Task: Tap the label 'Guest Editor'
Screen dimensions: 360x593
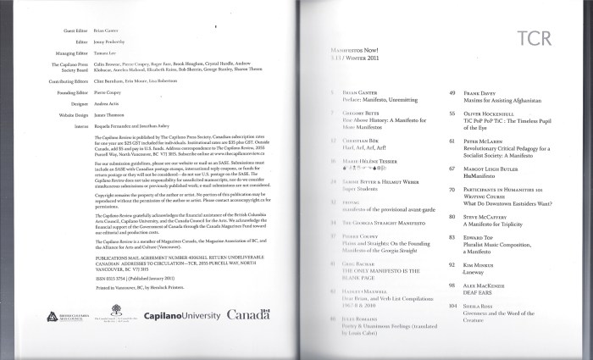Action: (x=75, y=30)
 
